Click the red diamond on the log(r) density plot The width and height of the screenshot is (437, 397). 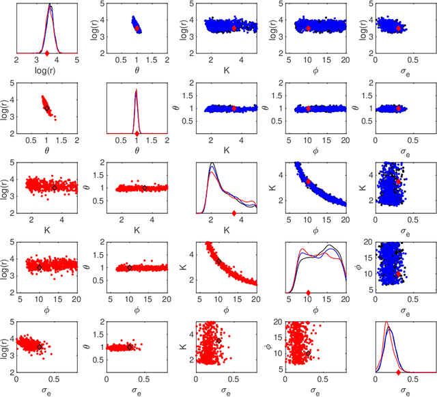click(x=46, y=53)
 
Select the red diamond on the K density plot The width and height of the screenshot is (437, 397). click(x=234, y=213)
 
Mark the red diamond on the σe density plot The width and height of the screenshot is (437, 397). click(x=398, y=373)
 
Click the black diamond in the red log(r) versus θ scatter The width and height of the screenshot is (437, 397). click(x=46, y=108)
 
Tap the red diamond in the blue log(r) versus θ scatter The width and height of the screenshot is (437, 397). click(x=137, y=29)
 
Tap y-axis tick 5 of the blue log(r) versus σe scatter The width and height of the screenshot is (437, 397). click(x=370, y=4)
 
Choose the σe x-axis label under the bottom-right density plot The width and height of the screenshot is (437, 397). click(x=406, y=391)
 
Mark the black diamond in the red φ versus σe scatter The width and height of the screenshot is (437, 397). click(x=309, y=353)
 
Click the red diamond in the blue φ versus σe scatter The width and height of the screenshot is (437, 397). click(x=398, y=273)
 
